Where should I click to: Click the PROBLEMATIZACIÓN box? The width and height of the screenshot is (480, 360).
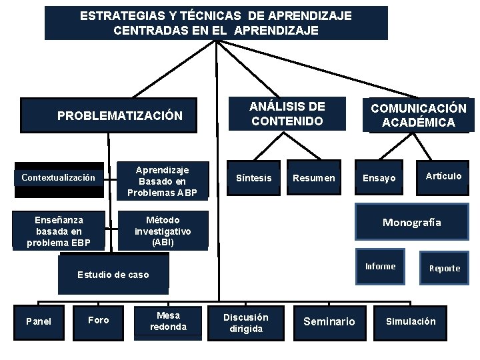pos(119,115)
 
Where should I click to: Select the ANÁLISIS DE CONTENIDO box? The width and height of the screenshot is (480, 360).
pos(287,114)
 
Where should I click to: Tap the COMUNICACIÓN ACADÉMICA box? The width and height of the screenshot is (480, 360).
pos(418,115)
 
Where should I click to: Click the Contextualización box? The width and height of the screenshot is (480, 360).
pos(58,178)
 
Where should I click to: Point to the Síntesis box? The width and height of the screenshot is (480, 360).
pos(254,178)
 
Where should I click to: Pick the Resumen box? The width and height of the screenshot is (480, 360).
pos(313,178)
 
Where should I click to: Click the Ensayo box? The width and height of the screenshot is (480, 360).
pos(379,178)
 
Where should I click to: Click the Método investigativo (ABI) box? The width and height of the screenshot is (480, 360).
pos(162,231)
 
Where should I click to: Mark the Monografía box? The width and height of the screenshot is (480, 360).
pos(411,223)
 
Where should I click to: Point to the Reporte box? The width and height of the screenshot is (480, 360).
pos(444,268)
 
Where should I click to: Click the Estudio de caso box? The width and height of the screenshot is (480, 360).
pos(113,275)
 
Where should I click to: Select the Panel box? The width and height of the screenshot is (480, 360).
pos(38,321)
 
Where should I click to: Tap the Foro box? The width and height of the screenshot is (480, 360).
pos(99,320)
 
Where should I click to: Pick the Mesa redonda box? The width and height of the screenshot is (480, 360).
pos(168,321)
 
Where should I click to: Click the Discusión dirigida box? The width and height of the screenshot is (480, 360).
pos(246,323)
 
